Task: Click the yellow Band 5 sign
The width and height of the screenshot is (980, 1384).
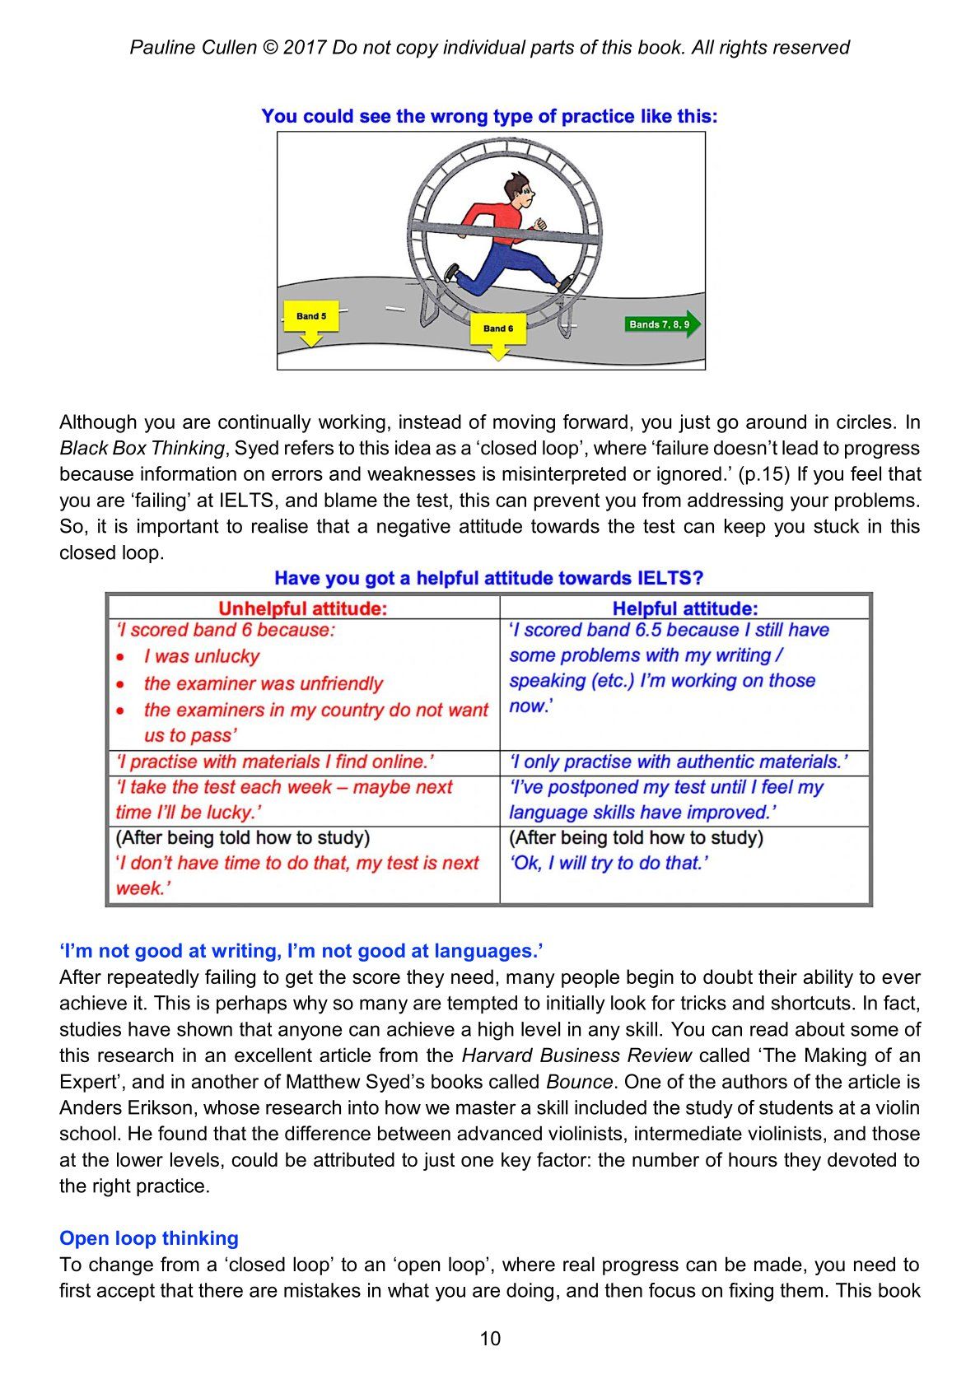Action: coord(311,317)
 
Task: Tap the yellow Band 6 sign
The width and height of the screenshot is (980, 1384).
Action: coord(497,329)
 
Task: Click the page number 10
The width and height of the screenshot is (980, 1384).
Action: coord(490,1339)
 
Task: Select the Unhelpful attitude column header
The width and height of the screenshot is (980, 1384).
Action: coord(302,608)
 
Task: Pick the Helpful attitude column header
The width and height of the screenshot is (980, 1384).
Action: coord(684,608)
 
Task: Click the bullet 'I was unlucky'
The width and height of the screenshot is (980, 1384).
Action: coord(201,656)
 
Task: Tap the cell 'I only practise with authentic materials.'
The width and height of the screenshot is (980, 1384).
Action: coord(678,762)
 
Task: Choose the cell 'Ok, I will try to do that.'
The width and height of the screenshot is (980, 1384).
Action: coord(609,863)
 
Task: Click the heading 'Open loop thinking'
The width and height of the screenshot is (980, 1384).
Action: coord(149,1238)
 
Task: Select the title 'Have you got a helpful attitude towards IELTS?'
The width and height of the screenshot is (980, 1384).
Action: coord(489,578)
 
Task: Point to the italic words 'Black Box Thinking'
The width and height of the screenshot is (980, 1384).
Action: coord(142,449)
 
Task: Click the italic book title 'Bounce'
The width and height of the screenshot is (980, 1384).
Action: coord(579,1082)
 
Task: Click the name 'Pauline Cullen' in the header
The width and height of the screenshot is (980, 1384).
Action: coord(194,48)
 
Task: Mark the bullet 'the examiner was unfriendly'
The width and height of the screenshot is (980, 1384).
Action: coord(264,683)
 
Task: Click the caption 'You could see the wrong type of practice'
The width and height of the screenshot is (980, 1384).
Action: coord(489,117)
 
